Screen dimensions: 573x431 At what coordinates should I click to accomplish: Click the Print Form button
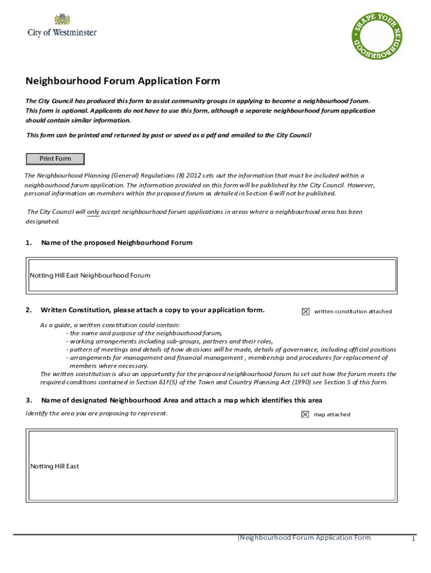(55, 159)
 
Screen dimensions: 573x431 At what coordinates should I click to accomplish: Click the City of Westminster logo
(62, 26)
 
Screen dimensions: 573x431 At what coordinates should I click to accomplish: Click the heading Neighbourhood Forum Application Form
(123, 81)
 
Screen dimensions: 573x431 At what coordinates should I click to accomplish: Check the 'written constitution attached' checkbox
(306, 312)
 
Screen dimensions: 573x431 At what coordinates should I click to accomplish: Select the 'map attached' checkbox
(306, 415)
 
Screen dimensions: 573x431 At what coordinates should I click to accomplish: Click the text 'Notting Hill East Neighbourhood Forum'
(90, 275)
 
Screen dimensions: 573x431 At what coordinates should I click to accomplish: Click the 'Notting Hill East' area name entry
(55, 466)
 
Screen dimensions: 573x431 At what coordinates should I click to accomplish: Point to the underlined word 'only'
(93, 212)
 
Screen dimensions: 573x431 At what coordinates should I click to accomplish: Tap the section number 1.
(28, 243)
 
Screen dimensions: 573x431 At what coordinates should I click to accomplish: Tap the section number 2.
(28, 310)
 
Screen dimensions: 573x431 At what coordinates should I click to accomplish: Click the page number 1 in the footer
(413, 539)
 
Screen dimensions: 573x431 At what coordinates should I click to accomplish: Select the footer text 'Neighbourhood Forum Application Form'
(304, 538)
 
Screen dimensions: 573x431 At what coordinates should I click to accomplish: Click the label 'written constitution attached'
(353, 312)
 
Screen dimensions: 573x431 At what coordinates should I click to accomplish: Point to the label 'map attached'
(332, 415)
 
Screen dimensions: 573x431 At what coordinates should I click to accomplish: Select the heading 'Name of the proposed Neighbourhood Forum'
(117, 243)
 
